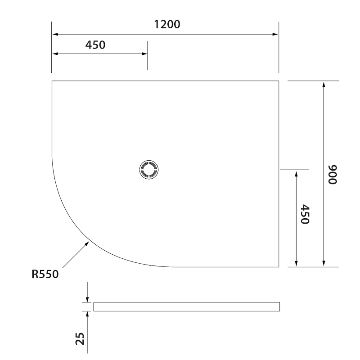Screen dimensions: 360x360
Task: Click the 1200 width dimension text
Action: tap(167, 24)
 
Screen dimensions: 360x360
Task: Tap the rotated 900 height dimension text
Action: tap(333, 174)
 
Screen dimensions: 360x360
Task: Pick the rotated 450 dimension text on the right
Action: tap(305, 215)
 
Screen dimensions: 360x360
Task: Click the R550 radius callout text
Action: tap(45, 274)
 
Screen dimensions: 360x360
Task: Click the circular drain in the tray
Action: tap(148, 170)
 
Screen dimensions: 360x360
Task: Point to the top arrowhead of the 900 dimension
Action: tap(324, 84)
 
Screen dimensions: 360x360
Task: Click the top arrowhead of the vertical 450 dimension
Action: tap(296, 173)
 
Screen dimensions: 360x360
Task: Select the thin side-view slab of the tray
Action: tap(186, 306)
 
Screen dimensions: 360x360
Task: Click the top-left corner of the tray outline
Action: tap(52, 81)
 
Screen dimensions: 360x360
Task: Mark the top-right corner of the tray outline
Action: tap(279, 81)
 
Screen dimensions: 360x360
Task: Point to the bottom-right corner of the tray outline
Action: tap(279, 267)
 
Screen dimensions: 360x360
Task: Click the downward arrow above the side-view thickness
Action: tap(87, 299)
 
